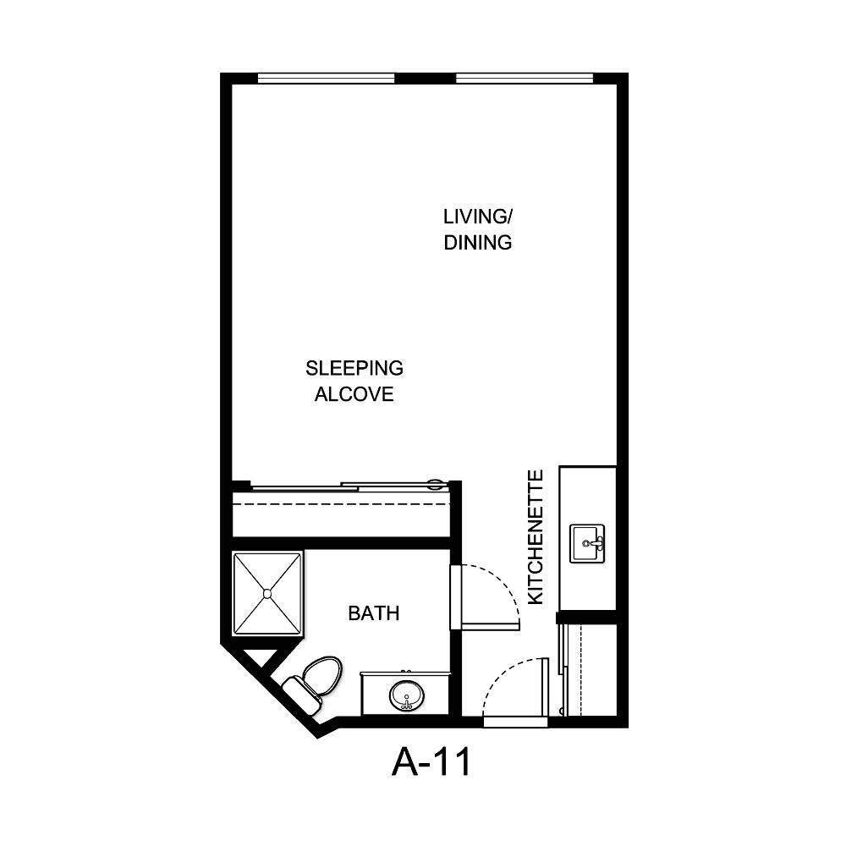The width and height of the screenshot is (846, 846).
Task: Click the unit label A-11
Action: pos(431,763)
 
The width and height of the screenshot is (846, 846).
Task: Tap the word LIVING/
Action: pos(478,216)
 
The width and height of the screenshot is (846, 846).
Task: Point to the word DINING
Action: pos(478,243)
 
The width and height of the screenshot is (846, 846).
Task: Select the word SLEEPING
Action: pos(354,369)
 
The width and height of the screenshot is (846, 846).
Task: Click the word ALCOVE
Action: pos(354,394)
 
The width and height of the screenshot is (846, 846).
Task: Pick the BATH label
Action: pos(373,613)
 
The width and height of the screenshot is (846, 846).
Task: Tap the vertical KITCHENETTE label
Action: pos(536,537)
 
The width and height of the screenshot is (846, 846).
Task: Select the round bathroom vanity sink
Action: pos(406,696)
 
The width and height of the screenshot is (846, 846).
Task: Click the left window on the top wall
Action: pos(327,79)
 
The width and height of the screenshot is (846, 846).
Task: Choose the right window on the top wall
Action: pos(525,79)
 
